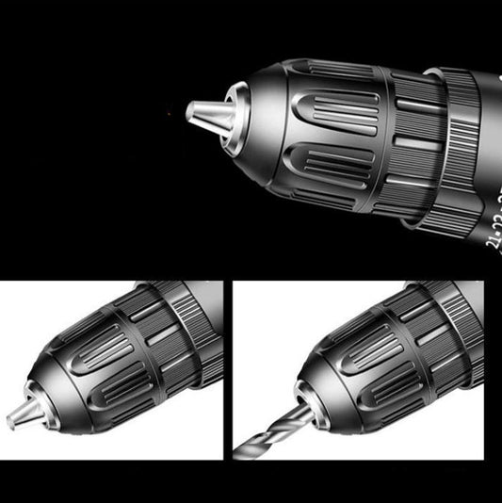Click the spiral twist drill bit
[268, 432]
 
